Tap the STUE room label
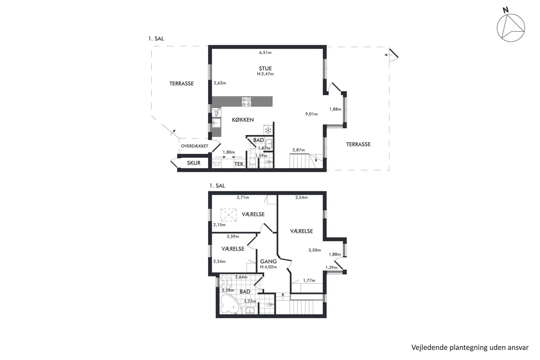tap(265, 69)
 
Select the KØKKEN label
tap(243, 120)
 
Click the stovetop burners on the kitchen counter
tap(247, 102)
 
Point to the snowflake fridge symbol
tap(268, 130)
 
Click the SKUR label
tap(194, 163)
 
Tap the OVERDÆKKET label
tap(195, 146)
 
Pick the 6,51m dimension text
tap(265, 53)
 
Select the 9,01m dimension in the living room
tap(311, 114)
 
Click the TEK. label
tap(240, 164)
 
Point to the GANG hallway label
tap(268, 261)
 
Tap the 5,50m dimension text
tap(315, 250)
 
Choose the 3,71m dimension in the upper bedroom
tap(243, 198)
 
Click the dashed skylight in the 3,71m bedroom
tap(229, 215)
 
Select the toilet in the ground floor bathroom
tap(252, 162)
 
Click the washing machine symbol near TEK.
tap(217, 164)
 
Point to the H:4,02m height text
tap(268, 267)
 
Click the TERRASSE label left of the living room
tap(182, 84)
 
